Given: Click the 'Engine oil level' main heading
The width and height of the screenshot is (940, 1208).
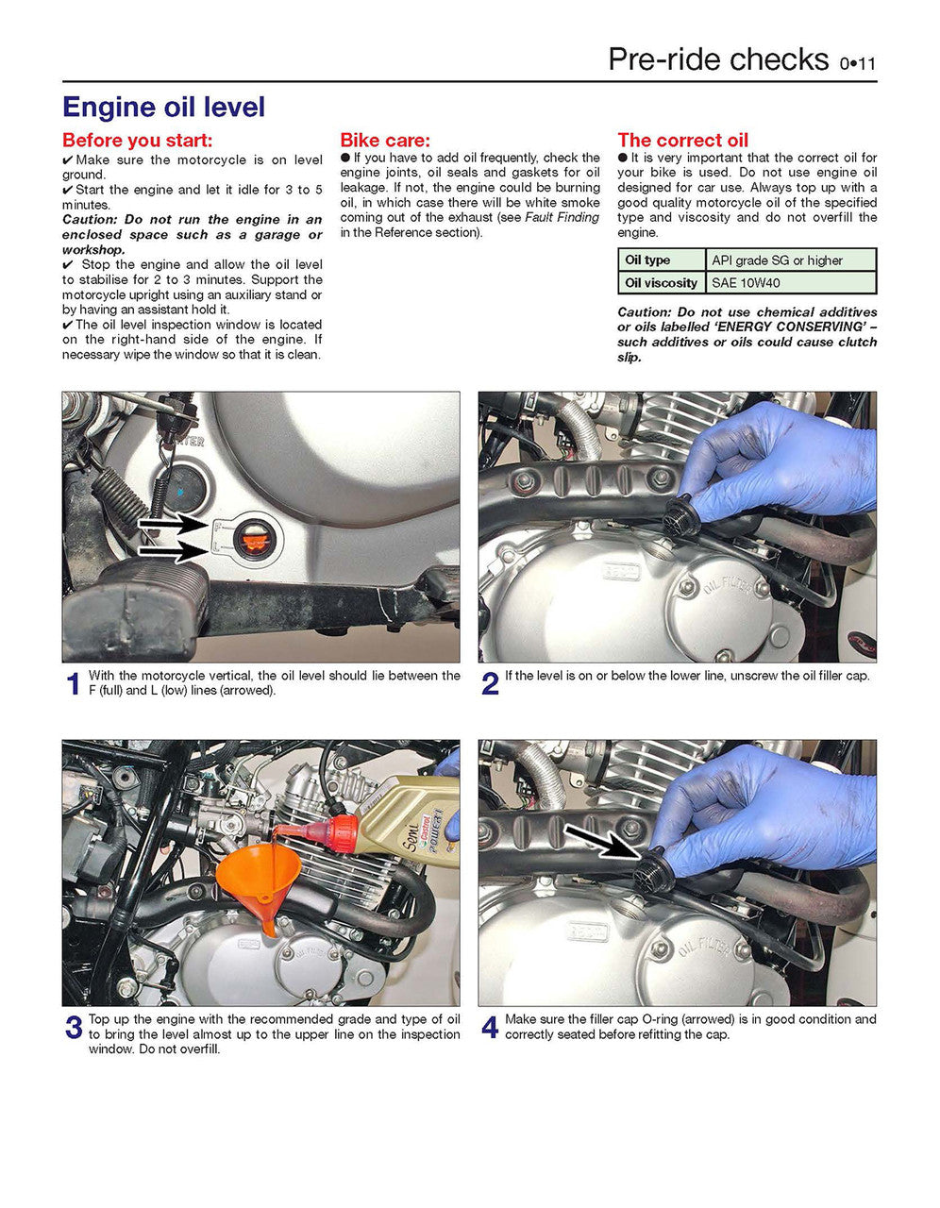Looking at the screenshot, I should coord(163,108).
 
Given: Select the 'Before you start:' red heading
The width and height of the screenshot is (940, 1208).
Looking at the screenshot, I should coord(138,141).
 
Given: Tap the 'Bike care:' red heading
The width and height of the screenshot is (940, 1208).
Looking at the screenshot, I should coord(385,141).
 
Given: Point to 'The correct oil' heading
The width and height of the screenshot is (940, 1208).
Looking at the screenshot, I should coord(683,141).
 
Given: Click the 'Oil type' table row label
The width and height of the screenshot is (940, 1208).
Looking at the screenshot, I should coord(647,260).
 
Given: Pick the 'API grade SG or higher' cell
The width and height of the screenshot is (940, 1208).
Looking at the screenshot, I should coord(778,260).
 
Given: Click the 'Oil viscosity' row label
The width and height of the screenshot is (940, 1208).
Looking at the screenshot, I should coord(661,282).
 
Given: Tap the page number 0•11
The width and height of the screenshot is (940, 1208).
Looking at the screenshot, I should coord(858,64).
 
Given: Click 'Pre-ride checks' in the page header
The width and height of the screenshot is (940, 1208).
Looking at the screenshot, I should coord(718,59).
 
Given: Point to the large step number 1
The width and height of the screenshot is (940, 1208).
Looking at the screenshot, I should coord(73,684).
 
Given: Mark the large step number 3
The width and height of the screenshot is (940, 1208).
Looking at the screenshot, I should coord(74,1028).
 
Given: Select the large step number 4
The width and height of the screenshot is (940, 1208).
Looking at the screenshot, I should coord(490,1028).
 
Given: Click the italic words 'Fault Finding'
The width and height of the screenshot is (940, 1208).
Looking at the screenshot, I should coord(562,218).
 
